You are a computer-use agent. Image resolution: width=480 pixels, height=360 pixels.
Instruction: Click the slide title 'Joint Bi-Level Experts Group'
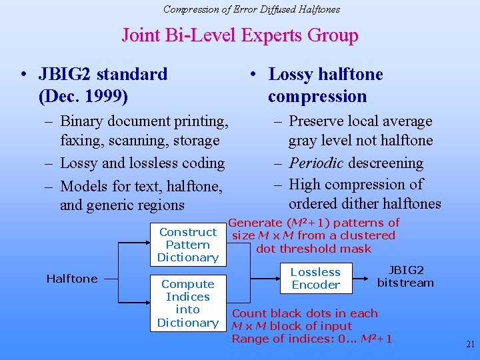click(240, 35)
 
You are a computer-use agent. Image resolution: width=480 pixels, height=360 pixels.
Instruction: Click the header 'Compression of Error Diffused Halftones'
click(251, 9)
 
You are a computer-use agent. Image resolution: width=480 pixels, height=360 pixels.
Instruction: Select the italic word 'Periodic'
click(316, 163)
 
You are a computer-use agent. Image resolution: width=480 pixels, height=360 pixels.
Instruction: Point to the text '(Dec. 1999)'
click(84, 97)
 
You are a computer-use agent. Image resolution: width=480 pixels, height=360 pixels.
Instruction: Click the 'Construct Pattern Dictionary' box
click(188, 245)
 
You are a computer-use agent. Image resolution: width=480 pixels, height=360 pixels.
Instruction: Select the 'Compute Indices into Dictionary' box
click(188, 303)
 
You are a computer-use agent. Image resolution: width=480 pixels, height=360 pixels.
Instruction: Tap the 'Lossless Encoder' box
click(315, 279)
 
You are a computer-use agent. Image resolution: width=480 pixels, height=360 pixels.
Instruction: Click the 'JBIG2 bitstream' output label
click(405, 277)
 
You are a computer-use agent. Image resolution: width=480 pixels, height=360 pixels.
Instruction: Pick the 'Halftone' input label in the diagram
click(72, 279)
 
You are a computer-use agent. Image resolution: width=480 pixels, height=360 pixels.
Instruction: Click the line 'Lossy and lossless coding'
click(142, 163)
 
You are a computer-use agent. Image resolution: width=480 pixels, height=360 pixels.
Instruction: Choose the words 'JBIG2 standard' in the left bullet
click(103, 74)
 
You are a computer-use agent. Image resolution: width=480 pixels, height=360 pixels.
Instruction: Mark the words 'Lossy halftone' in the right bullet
click(325, 74)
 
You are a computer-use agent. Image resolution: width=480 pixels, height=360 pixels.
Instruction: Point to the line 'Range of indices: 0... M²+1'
click(311, 339)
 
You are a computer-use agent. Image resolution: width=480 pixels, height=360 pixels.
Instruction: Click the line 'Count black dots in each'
click(305, 313)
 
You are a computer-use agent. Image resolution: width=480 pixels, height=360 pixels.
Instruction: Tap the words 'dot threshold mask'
click(314, 249)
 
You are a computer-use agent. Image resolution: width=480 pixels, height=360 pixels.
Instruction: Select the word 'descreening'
click(385, 163)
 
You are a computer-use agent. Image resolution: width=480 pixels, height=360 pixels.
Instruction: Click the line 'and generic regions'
click(122, 205)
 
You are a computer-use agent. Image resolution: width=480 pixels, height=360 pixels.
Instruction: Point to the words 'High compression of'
click(357, 185)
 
